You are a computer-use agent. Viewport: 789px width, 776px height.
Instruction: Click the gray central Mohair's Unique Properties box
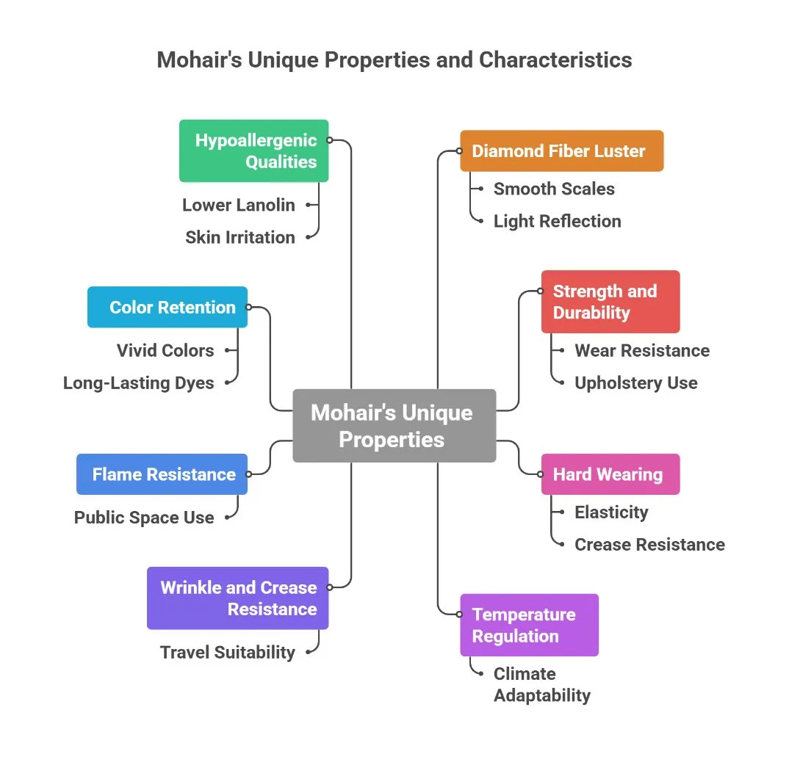(394, 426)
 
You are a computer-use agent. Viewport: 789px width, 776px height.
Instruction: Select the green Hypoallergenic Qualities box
(254, 151)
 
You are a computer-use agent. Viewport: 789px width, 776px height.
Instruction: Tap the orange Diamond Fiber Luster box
(561, 151)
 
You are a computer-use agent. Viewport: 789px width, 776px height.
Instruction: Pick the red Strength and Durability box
(610, 302)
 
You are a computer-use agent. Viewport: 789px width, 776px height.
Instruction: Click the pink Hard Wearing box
(610, 474)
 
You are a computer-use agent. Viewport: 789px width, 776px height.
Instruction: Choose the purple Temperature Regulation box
(529, 625)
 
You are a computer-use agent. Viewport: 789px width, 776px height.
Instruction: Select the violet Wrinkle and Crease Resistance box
(238, 598)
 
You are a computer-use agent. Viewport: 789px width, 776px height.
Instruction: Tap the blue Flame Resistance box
(162, 474)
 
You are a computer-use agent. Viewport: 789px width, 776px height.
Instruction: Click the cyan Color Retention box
(167, 307)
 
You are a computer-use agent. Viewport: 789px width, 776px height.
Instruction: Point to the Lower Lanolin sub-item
(238, 205)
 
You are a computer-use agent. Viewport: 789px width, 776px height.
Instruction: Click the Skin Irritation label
(239, 237)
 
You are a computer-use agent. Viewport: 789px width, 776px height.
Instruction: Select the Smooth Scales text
(554, 189)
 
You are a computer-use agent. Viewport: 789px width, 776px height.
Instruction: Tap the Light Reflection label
(557, 221)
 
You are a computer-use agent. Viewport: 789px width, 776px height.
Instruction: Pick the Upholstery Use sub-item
(635, 382)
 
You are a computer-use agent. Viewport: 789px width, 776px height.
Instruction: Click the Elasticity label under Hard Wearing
(611, 512)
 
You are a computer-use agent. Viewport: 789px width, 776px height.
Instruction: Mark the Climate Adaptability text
(541, 684)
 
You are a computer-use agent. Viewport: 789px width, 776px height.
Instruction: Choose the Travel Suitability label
(228, 652)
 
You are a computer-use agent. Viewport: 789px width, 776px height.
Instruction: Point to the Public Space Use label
(144, 517)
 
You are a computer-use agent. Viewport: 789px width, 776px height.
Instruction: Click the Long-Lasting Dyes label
(139, 382)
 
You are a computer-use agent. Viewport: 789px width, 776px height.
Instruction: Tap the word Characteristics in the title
(555, 59)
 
